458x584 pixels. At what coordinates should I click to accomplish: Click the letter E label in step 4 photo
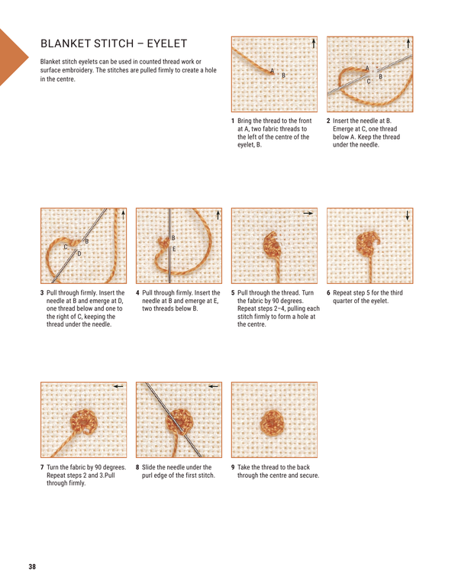pyautogui.click(x=174, y=249)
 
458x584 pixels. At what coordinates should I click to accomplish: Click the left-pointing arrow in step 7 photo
pyautogui.click(x=117, y=387)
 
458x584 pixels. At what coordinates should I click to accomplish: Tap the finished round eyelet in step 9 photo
pyautogui.click(x=272, y=421)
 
